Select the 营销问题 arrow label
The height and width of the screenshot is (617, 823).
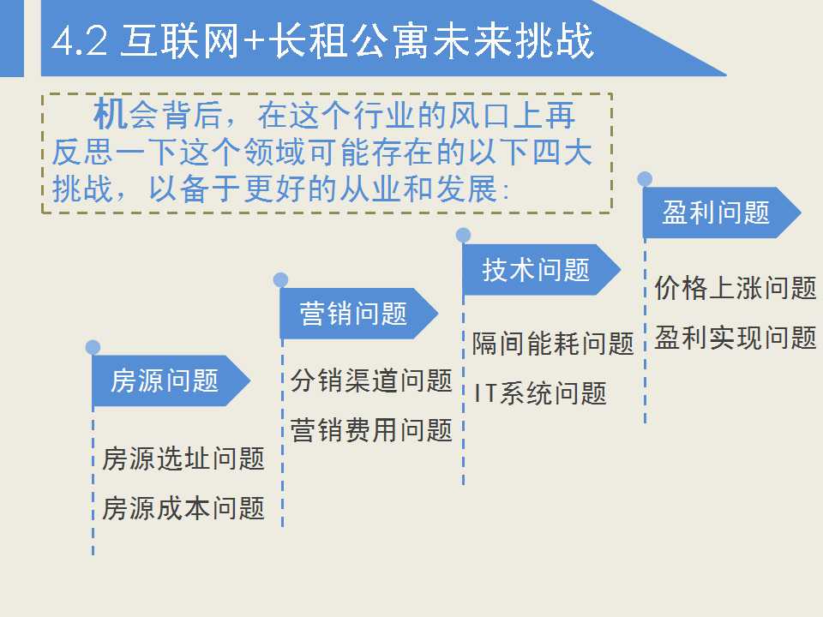point(353,314)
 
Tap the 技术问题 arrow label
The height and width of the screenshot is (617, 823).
point(537,270)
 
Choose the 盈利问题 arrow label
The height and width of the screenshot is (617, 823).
point(717,213)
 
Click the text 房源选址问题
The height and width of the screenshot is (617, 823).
point(183,458)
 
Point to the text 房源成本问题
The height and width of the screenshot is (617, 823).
point(183,508)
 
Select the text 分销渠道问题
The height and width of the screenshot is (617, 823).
point(371,380)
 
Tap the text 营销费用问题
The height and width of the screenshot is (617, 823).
point(371,429)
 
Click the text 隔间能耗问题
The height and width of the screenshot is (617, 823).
point(553,344)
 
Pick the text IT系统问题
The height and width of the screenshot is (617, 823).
point(540,393)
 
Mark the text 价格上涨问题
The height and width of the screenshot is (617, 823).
point(736,288)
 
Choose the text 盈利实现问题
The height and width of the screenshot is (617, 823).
point(736,338)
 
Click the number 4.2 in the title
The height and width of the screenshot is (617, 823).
point(79,41)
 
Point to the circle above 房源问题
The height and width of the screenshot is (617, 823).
point(93,347)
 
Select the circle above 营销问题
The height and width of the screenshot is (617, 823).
point(280,280)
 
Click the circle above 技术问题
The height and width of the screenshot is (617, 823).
point(463,235)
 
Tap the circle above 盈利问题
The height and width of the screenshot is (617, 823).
point(645,178)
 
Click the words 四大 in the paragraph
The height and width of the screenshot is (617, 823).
point(562,153)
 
